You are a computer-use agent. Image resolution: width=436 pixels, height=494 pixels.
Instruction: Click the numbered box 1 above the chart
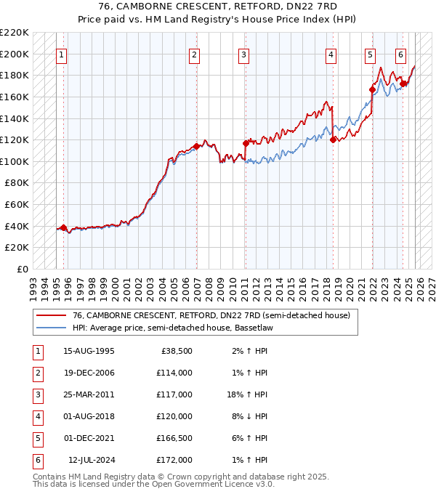point(62,54)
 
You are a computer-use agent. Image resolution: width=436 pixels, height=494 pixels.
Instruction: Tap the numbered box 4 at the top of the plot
point(331,54)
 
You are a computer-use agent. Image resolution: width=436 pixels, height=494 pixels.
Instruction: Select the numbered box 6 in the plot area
point(400,54)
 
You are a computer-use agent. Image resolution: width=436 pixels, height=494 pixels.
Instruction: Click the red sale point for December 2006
point(196,146)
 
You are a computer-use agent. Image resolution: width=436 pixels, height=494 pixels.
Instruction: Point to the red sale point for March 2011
point(246,143)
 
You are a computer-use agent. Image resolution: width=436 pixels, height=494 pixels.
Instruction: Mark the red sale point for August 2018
point(333,139)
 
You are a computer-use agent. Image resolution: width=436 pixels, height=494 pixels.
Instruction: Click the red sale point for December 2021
point(372,90)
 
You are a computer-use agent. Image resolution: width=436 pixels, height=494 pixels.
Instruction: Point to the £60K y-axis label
point(17,205)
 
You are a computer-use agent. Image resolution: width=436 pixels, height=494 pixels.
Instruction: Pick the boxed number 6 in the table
point(37,460)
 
